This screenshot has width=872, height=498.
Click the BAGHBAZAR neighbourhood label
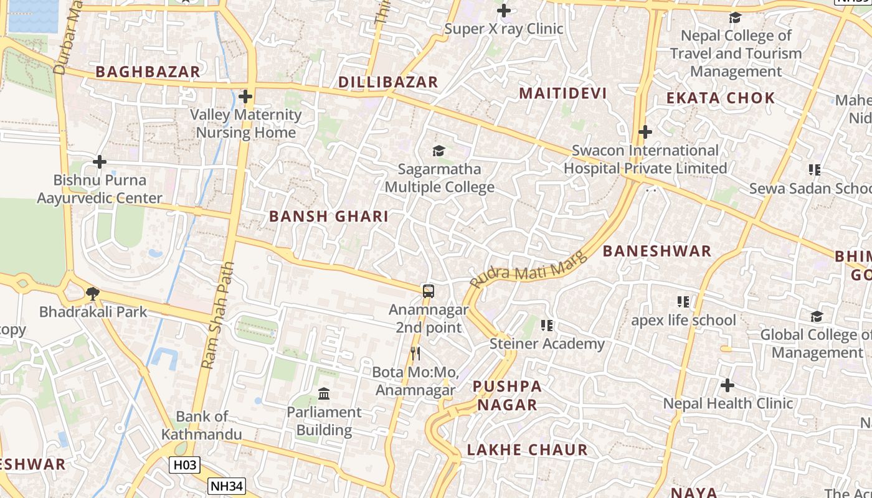coord(148,72)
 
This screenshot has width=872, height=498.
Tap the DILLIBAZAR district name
coord(388,82)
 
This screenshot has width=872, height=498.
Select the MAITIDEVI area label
coord(562,93)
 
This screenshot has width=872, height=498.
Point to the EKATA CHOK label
coord(720,98)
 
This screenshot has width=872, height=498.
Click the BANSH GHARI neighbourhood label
coord(328,217)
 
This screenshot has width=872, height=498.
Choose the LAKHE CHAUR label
coord(527,449)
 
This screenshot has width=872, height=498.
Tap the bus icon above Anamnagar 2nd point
coord(429,291)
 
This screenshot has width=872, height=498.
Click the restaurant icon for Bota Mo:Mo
coord(415,354)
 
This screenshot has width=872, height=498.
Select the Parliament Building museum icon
coord(324,393)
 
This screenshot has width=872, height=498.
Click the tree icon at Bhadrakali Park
coord(93,293)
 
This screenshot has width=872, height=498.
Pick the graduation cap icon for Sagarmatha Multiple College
coord(439,151)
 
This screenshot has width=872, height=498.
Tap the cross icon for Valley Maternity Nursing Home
coord(245,96)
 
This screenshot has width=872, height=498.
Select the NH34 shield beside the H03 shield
coord(227,486)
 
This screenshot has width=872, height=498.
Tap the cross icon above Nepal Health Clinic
coord(727,385)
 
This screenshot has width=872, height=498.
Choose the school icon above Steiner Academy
coord(547,325)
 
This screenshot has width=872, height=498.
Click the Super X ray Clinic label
coord(503,29)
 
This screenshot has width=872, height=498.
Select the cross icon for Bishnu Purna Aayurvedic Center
coord(100,162)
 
